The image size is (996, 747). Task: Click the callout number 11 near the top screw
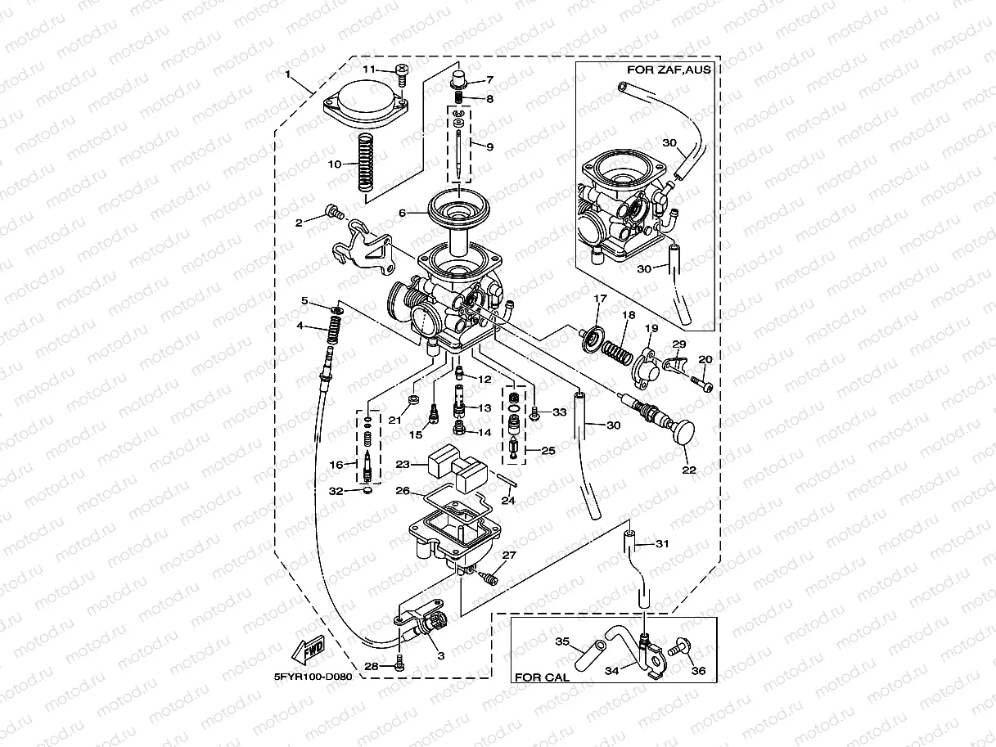[368, 69]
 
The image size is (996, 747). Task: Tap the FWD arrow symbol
[308, 653]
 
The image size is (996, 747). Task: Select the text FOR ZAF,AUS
[668, 70]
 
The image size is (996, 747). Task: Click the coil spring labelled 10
[365, 162]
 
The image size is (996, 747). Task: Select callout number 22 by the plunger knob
[688, 470]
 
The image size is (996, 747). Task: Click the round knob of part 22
[683, 430]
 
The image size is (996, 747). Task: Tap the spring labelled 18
[618, 350]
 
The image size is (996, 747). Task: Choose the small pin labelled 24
[507, 479]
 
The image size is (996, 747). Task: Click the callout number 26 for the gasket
[402, 492]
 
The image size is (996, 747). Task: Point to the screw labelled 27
[489, 578]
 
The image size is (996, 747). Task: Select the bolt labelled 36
[677, 650]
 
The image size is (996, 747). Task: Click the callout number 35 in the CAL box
[562, 641]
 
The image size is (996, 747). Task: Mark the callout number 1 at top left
[287, 74]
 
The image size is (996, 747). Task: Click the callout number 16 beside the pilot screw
[336, 465]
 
